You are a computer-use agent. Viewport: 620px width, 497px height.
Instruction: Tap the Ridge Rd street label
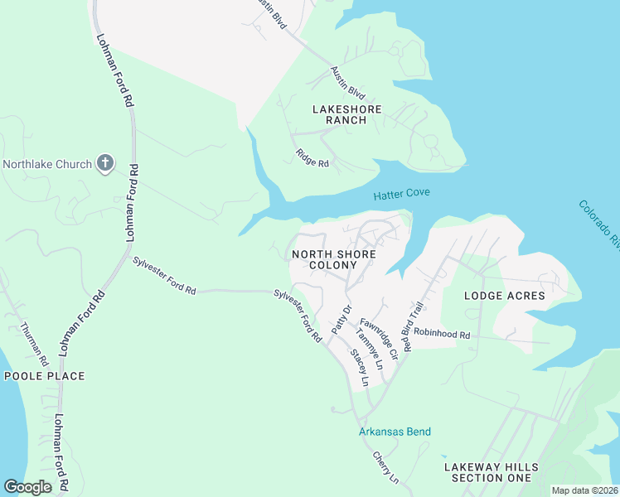[x=312, y=157]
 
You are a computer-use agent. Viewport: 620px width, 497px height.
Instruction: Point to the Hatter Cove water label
[x=401, y=194]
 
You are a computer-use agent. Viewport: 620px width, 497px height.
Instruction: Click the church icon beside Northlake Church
[x=104, y=162]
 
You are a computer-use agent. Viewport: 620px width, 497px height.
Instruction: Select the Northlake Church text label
[x=46, y=164]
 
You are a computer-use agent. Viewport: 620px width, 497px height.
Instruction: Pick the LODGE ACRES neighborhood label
[x=504, y=295]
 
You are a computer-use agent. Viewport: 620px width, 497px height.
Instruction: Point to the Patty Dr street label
[x=341, y=320]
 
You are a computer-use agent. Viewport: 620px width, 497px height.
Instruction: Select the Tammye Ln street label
[x=368, y=349]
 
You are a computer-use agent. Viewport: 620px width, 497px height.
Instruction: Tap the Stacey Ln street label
[x=358, y=369]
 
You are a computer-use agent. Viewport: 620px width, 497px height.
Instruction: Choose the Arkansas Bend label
[x=395, y=432]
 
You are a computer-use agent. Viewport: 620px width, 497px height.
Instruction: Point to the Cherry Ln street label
[x=385, y=468]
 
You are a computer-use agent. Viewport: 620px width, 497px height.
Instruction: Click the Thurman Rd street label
[x=34, y=340]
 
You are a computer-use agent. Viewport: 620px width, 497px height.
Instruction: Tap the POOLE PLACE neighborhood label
[x=44, y=376]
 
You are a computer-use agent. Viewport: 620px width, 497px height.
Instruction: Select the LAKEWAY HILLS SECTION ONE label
[x=487, y=472]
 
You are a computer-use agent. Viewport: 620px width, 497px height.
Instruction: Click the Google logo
[x=27, y=487]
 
